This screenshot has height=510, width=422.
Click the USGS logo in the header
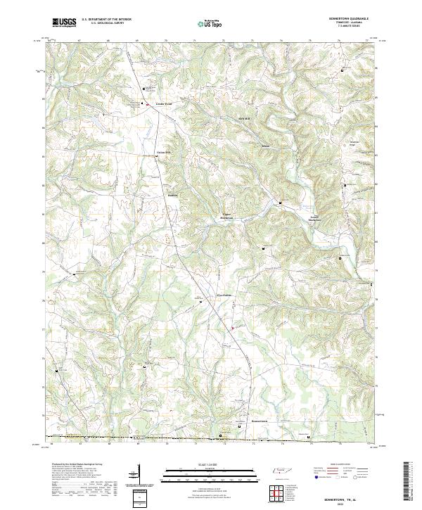(63, 23)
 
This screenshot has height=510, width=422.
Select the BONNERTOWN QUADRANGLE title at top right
(349, 19)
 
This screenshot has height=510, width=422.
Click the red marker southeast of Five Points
(232, 326)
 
